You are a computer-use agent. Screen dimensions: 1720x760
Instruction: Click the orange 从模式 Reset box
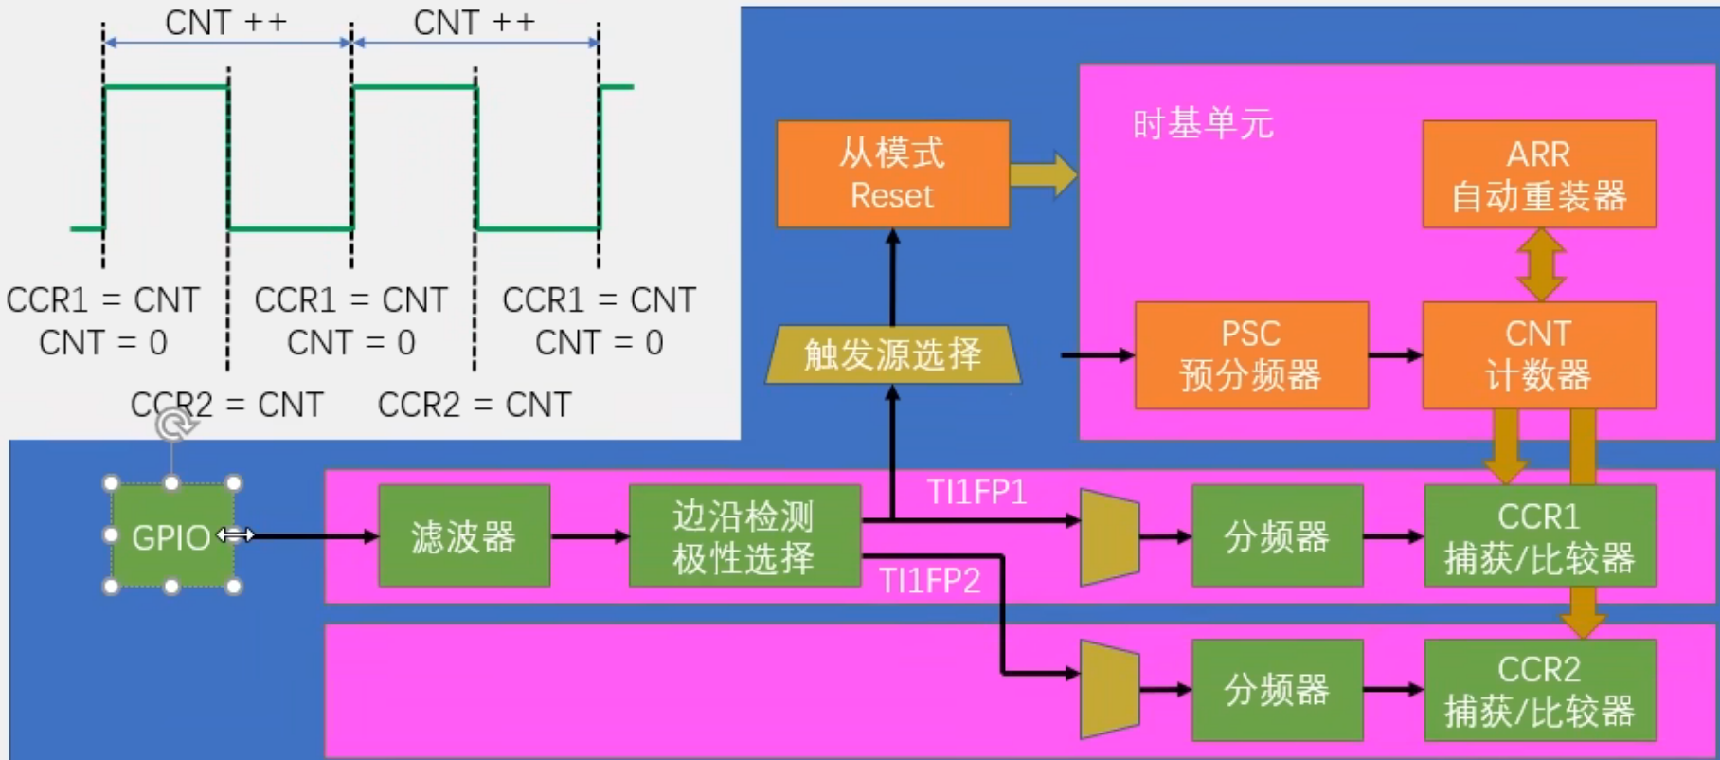point(893,174)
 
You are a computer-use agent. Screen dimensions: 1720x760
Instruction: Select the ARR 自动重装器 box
point(1539,174)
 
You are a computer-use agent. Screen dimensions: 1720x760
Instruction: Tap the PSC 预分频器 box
point(1251,355)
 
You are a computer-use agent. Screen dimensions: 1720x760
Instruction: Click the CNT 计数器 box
point(1539,355)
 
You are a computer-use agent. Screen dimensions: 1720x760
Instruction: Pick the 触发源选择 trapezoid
point(893,354)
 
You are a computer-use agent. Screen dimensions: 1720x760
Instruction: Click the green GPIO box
point(171,535)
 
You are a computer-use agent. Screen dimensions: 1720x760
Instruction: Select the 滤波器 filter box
point(464,536)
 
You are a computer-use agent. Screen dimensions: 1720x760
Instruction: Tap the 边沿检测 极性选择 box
point(744,536)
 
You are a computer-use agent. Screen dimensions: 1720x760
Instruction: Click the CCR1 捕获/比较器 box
point(1540,536)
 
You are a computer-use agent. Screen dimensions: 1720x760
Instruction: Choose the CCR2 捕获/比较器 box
point(1540,690)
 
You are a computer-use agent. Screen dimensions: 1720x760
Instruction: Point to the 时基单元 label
point(1203,124)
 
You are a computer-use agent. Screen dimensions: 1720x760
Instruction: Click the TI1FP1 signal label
point(976,493)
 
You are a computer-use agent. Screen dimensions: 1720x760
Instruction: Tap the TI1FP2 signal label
point(929,580)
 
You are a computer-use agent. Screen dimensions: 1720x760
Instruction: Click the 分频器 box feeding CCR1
point(1277,536)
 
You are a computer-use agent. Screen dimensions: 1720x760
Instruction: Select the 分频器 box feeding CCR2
point(1277,690)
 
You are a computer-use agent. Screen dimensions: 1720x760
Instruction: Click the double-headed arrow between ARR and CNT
point(1540,265)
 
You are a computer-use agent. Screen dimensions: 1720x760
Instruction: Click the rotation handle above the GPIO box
point(172,425)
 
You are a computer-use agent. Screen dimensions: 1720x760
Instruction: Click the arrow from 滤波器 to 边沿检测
point(590,536)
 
